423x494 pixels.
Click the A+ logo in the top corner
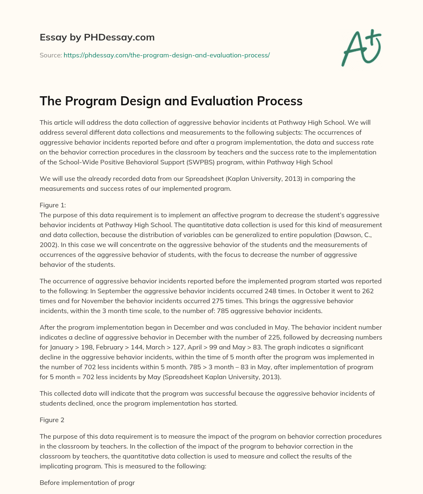(361, 48)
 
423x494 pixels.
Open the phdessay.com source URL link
(166, 55)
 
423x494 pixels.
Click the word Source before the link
(50, 55)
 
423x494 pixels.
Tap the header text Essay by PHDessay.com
(97, 38)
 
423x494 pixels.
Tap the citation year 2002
(48, 245)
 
